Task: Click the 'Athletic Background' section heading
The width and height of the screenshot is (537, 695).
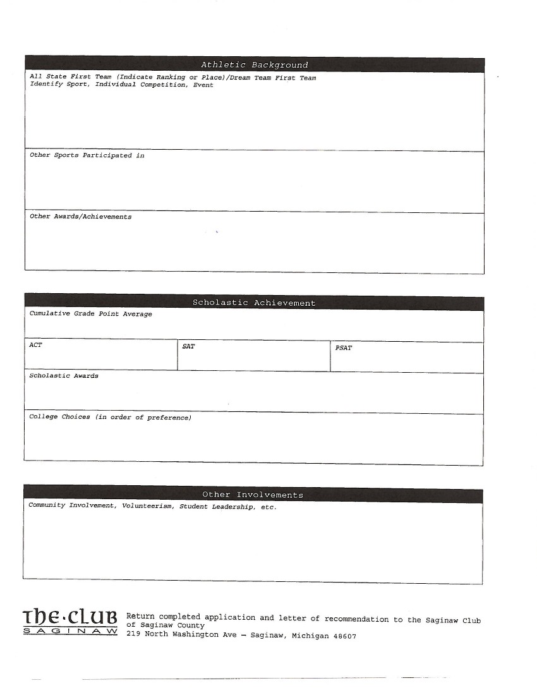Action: point(255,65)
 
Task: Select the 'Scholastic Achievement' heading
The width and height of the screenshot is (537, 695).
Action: point(254,303)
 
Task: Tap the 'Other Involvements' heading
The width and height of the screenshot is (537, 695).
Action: point(253,495)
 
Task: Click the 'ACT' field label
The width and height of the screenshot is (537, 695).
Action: point(35,345)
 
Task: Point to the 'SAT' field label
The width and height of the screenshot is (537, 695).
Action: point(188,346)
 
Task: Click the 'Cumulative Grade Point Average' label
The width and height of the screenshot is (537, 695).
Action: point(91,313)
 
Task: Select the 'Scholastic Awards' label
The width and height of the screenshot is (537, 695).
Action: point(64,376)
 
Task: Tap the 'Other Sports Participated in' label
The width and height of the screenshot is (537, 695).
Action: point(87,155)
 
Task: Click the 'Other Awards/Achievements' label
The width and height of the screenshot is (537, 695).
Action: point(81,217)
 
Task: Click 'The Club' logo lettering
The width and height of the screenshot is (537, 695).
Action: point(69,616)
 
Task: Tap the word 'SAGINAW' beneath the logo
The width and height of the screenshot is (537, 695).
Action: point(69,631)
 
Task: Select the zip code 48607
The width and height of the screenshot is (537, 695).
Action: point(345,636)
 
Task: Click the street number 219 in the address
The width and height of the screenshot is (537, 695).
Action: point(133,634)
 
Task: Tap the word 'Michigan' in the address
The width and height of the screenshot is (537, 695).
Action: point(310,636)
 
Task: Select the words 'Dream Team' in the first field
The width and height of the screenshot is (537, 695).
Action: point(251,78)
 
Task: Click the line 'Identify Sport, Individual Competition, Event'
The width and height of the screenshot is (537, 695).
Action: point(121,85)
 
